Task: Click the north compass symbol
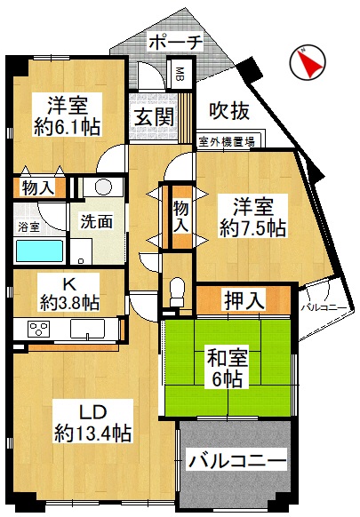coord(308,62)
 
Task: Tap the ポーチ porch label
coord(175,43)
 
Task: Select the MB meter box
coord(180,75)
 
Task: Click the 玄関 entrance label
coord(154,116)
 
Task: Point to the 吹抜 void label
coord(229,111)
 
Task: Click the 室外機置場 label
coord(227,142)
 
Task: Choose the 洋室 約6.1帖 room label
coord(68,115)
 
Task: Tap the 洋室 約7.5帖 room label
coord(252,217)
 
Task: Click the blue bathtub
coord(40,251)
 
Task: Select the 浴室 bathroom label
coord(28,227)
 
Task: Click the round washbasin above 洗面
coord(103,187)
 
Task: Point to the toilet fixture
coord(177,292)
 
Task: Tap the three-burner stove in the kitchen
coord(38,329)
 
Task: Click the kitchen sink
coord(87,329)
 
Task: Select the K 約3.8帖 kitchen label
coord(70,294)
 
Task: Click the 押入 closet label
coord(244,299)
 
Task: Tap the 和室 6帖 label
coord(227,369)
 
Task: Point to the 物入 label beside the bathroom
coord(37,188)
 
